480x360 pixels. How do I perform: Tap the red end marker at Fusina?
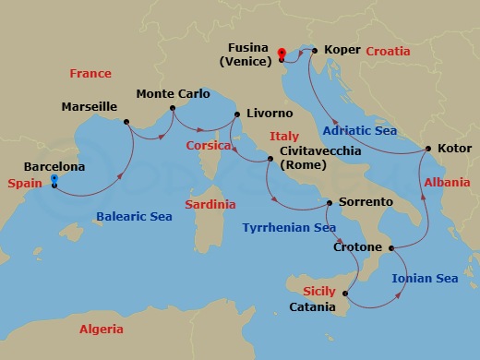[281, 53]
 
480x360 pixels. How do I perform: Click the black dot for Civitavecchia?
[270, 159]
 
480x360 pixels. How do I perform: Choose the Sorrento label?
[367, 201]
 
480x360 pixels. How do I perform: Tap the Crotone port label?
[357, 247]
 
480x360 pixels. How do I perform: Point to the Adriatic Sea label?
[360, 131]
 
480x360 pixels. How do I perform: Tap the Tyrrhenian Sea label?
[288, 227]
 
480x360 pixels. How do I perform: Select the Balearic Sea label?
[134, 217]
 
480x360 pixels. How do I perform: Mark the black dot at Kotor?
[428, 149]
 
